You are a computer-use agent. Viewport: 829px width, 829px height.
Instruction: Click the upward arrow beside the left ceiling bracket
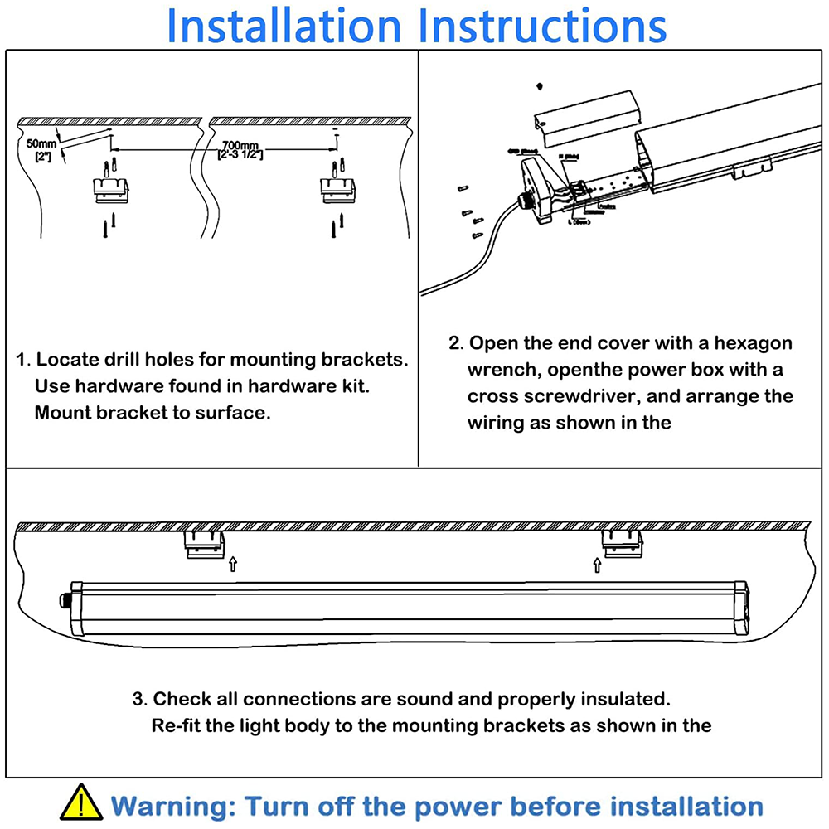233,565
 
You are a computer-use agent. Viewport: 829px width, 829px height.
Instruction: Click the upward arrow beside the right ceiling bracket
597,565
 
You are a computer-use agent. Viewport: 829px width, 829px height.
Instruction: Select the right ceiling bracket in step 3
623,544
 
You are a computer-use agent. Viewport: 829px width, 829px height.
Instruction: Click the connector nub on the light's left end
62,599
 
